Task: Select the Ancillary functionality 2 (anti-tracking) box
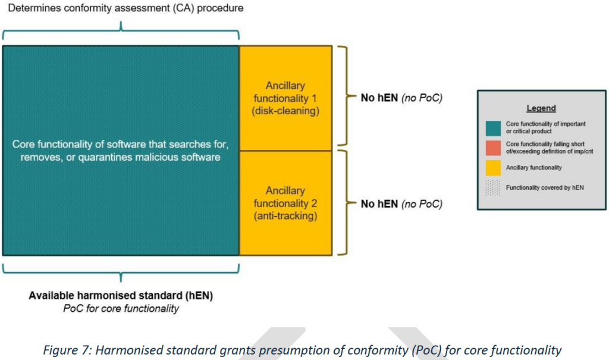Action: pos(285,203)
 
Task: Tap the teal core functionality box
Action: pos(121,150)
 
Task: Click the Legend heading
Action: pos(541,109)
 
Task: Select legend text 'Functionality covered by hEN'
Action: pos(545,188)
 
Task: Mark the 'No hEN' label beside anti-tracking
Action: pos(377,204)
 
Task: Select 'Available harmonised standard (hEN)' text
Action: pos(121,296)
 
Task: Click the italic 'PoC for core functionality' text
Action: pos(121,308)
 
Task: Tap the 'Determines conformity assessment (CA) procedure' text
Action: pos(121,8)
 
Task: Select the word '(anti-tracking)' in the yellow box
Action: pos(285,216)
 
